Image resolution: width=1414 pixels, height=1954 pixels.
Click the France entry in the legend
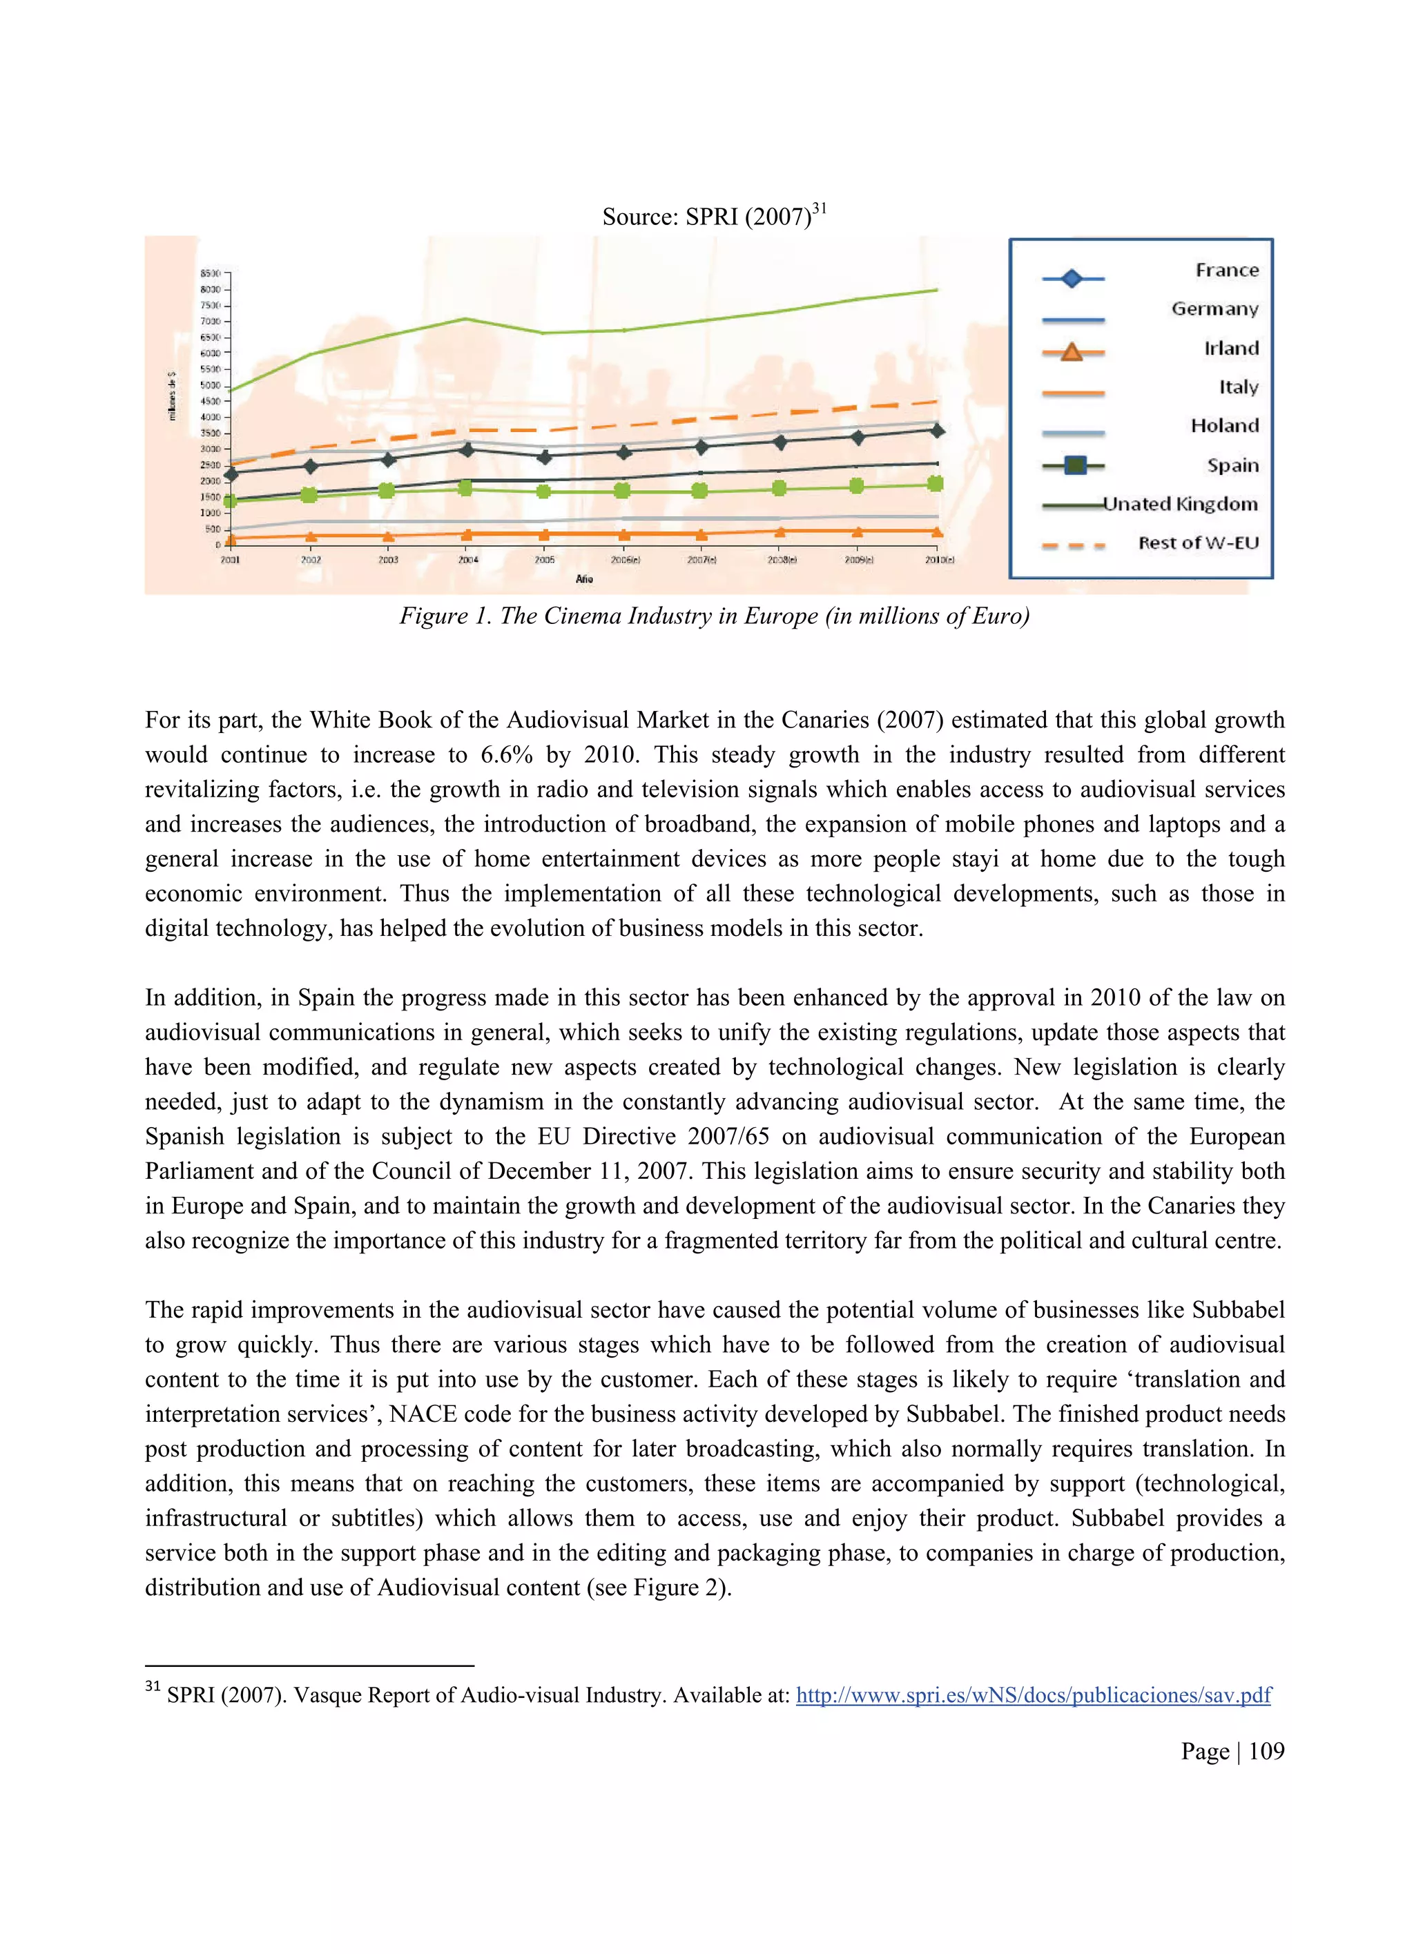[1226, 271]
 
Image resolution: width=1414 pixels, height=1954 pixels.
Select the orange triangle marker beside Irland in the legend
[1071, 351]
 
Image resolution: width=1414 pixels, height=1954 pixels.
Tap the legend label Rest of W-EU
[1198, 543]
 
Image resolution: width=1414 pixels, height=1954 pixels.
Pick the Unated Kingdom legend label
[1181, 504]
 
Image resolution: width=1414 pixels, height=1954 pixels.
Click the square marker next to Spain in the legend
[1074, 465]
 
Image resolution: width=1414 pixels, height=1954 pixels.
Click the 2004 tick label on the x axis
[468, 560]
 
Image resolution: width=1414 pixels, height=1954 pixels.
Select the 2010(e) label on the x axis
[938, 560]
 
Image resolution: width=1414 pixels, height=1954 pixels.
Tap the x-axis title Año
[584, 579]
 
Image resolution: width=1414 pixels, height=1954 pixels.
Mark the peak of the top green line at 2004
[465, 319]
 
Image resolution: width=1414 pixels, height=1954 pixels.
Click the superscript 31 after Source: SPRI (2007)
[819, 208]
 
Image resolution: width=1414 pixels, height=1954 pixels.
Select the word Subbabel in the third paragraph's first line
[1237, 1309]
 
